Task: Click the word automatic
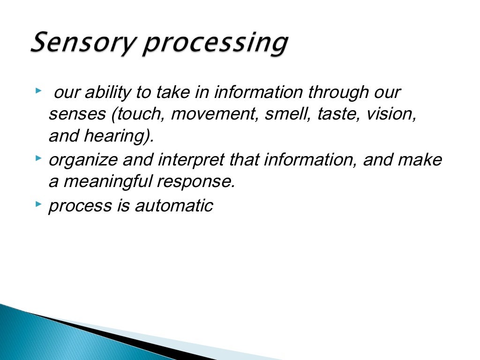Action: coord(174,205)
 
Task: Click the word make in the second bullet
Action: coord(420,160)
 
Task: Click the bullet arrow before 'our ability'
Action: coord(38,89)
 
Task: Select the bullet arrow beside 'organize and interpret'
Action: coord(38,159)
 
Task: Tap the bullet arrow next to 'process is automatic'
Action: coord(38,204)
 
